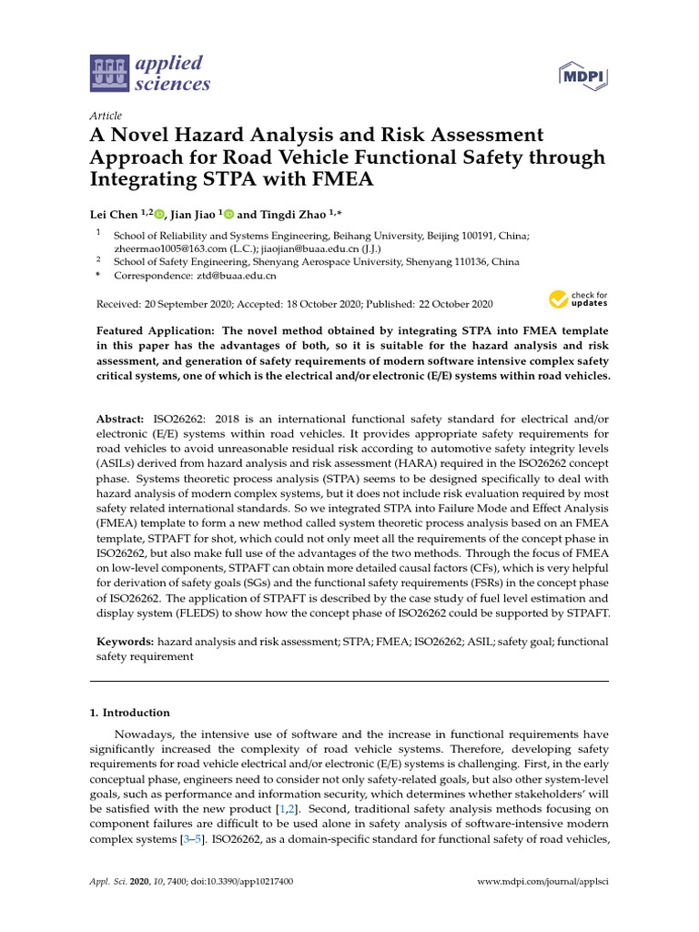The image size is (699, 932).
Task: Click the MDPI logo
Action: (582, 76)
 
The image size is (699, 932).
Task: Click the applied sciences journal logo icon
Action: (108, 74)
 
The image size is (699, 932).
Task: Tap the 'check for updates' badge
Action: (578, 299)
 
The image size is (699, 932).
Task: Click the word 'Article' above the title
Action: (106, 116)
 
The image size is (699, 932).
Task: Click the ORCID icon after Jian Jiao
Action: (228, 214)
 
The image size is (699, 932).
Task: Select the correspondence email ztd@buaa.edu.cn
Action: (236, 275)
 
